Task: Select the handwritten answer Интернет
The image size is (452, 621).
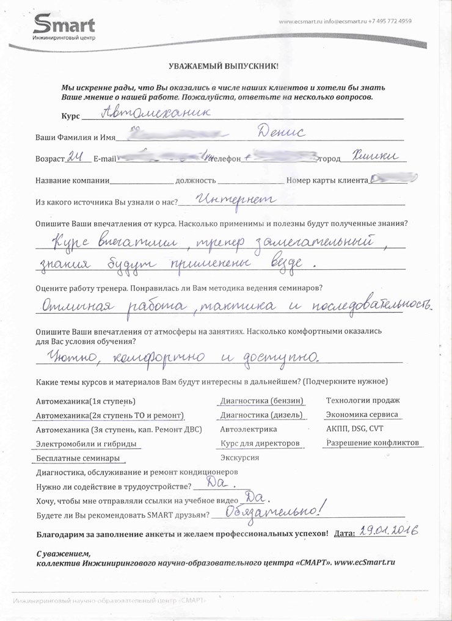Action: (x=235, y=200)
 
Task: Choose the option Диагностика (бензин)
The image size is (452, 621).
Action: (x=261, y=401)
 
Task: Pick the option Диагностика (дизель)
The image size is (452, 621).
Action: (x=261, y=415)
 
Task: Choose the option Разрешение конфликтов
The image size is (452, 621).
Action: (x=373, y=443)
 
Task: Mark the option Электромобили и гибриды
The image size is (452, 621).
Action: (x=87, y=444)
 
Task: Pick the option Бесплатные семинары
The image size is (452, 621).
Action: (x=78, y=459)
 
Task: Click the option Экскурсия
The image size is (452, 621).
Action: (x=239, y=457)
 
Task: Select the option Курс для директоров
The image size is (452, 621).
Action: (x=260, y=443)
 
